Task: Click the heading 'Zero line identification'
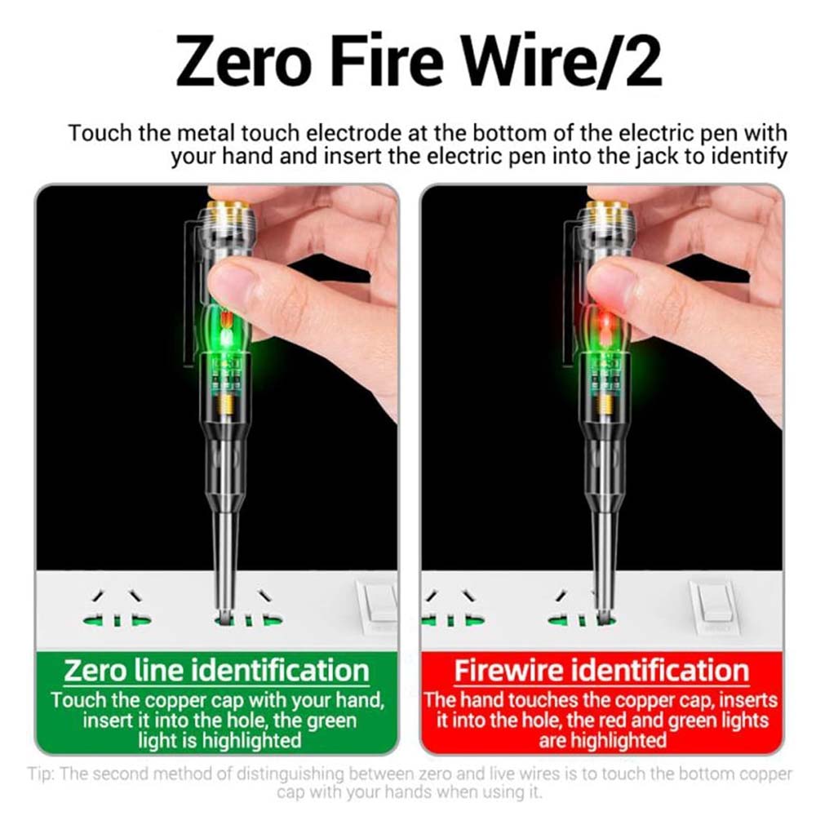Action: [216, 670]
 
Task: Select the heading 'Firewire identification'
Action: [601, 670]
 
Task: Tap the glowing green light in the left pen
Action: [226, 336]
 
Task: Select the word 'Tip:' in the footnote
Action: [41, 774]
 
